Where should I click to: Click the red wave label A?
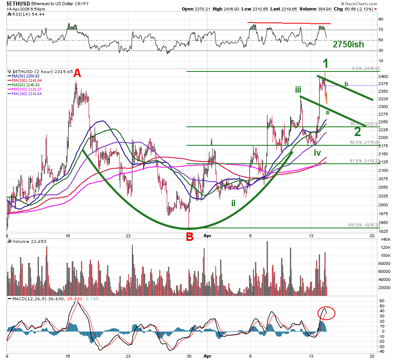coord(77,73)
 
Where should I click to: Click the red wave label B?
coord(190,236)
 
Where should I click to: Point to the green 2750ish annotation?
coord(348,45)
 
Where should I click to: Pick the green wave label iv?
coord(317,152)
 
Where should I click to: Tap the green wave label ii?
coord(233,203)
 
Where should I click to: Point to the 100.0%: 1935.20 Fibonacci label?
coord(363,226)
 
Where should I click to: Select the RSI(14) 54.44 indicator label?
coord(23,14)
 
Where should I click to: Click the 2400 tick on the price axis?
coord(383,76)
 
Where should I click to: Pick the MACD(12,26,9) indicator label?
coord(26,299)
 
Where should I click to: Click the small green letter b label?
coord(347,84)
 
